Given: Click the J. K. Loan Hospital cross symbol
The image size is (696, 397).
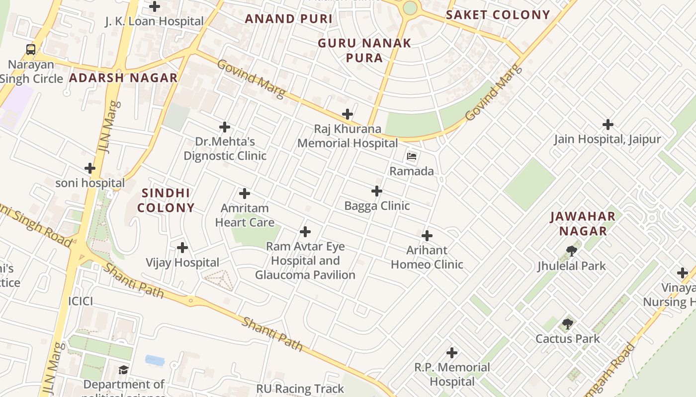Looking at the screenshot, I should tap(155, 6).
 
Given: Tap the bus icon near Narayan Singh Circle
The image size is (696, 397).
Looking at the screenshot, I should tap(31, 49).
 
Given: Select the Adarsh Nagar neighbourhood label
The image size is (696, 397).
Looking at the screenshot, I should tap(123, 78).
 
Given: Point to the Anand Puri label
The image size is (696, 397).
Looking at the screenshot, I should tap(289, 19).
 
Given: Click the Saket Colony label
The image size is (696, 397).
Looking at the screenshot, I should tap(498, 15).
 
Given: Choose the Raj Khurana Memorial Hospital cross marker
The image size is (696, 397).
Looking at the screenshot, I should tap(348, 114).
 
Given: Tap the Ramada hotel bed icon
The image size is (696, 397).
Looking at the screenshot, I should tap(412, 156).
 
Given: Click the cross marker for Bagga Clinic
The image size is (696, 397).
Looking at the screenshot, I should tap(377, 191).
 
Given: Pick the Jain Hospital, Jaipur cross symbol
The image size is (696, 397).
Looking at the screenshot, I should tap(608, 124).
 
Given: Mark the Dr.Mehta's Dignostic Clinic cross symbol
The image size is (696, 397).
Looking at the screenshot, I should tap(225, 127).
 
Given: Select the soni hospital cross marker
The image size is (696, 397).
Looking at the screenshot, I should tap(90, 168).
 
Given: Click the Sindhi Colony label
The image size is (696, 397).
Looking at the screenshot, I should tap(166, 200).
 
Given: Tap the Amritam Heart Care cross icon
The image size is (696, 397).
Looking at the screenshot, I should tap(245, 194).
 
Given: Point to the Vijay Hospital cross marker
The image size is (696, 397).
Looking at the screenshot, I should tap(182, 247).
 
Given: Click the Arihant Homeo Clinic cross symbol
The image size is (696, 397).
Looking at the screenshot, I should tap(427, 236).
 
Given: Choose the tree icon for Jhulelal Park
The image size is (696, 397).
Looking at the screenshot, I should tap(572, 251).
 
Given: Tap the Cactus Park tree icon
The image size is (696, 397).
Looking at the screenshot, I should tap(568, 325).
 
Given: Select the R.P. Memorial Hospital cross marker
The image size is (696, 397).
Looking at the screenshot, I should tap(452, 353).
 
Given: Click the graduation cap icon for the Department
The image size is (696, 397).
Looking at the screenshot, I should tap(123, 370).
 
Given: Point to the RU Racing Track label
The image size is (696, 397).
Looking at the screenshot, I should tap(300, 389).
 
